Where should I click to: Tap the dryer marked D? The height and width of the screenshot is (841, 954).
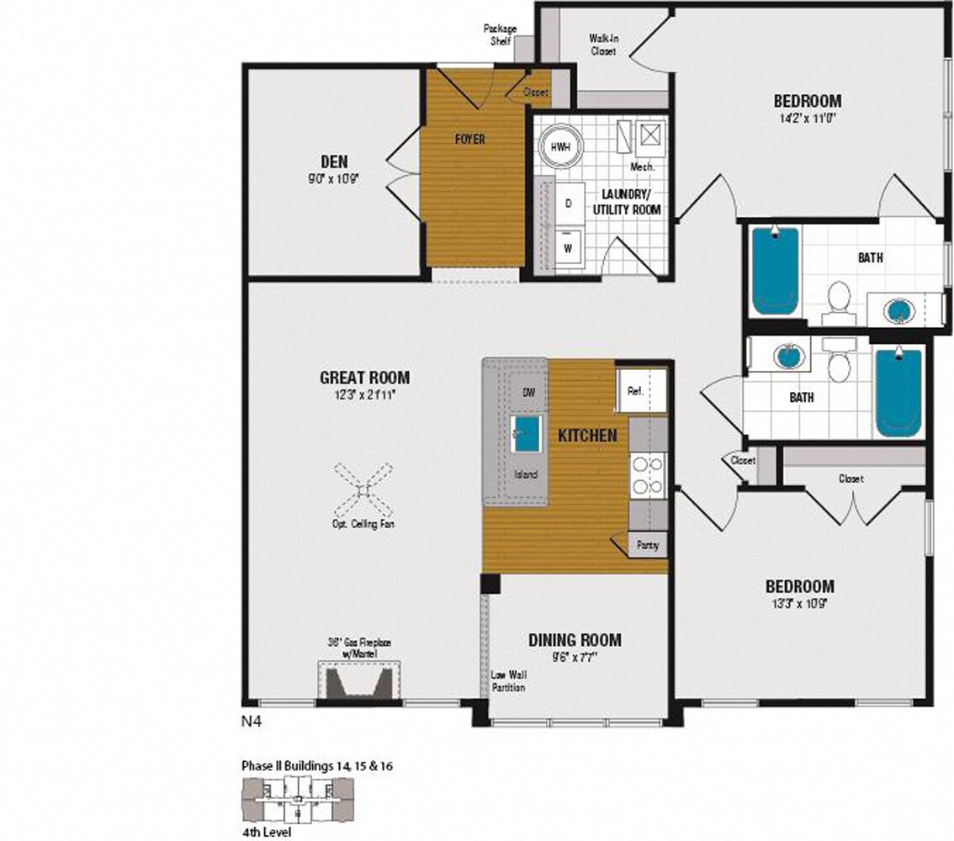[568, 204]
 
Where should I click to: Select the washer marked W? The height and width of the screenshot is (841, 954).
[568, 247]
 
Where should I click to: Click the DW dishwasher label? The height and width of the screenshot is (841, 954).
[529, 393]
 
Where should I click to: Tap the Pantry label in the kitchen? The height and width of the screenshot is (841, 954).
[647, 545]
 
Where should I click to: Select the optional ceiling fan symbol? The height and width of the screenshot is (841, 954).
[363, 491]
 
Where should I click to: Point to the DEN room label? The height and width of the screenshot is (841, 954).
[334, 161]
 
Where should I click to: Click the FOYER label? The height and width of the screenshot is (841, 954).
[469, 139]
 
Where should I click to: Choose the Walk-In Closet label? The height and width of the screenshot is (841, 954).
[602, 45]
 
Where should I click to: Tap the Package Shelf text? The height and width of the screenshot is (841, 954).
[500, 34]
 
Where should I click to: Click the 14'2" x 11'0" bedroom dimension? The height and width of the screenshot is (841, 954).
[807, 119]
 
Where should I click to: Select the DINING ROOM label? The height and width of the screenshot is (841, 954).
[575, 640]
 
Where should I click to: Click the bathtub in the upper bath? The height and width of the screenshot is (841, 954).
[774, 271]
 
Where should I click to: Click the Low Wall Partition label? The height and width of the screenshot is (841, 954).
[508, 681]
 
